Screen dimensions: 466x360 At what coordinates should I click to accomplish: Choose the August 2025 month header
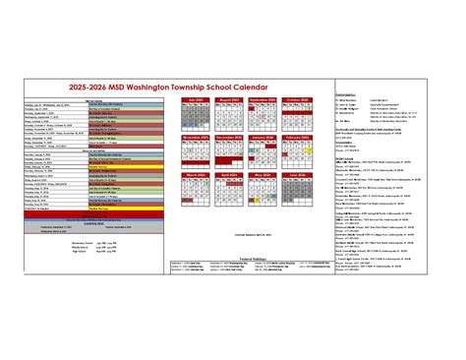230,99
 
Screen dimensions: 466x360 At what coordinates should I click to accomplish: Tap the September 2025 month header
262,99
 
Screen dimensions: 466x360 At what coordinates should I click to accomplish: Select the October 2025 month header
296,99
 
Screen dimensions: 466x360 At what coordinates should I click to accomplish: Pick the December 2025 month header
230,138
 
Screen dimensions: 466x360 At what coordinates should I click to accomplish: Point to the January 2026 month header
262,138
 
